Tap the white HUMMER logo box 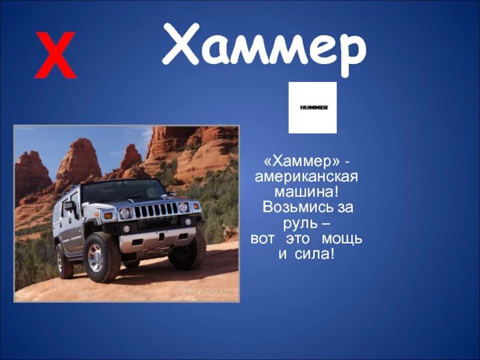tap(313, 107)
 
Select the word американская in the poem tap(307, 178)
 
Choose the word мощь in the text tap(341, 239)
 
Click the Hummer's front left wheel tap(101, 257)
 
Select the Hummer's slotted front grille tap(155, 211)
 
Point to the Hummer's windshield tap(122, 191)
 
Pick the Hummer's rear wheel tap(63, 260)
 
